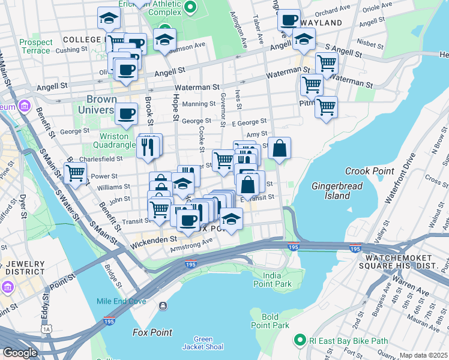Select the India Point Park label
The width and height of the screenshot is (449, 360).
click(272, 279)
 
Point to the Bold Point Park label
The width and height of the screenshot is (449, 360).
click(276, 321)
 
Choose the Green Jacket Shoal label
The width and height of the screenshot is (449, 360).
click(204, 343)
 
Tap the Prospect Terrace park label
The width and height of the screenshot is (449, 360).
click(35, 46)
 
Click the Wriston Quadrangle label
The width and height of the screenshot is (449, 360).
click(117, 140)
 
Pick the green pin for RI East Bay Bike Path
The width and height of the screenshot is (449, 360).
click(300, 340)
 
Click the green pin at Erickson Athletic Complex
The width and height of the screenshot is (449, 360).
click(190, 7)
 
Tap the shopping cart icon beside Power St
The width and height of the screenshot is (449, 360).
click(75, 173)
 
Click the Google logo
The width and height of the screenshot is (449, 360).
click(20, 353)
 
